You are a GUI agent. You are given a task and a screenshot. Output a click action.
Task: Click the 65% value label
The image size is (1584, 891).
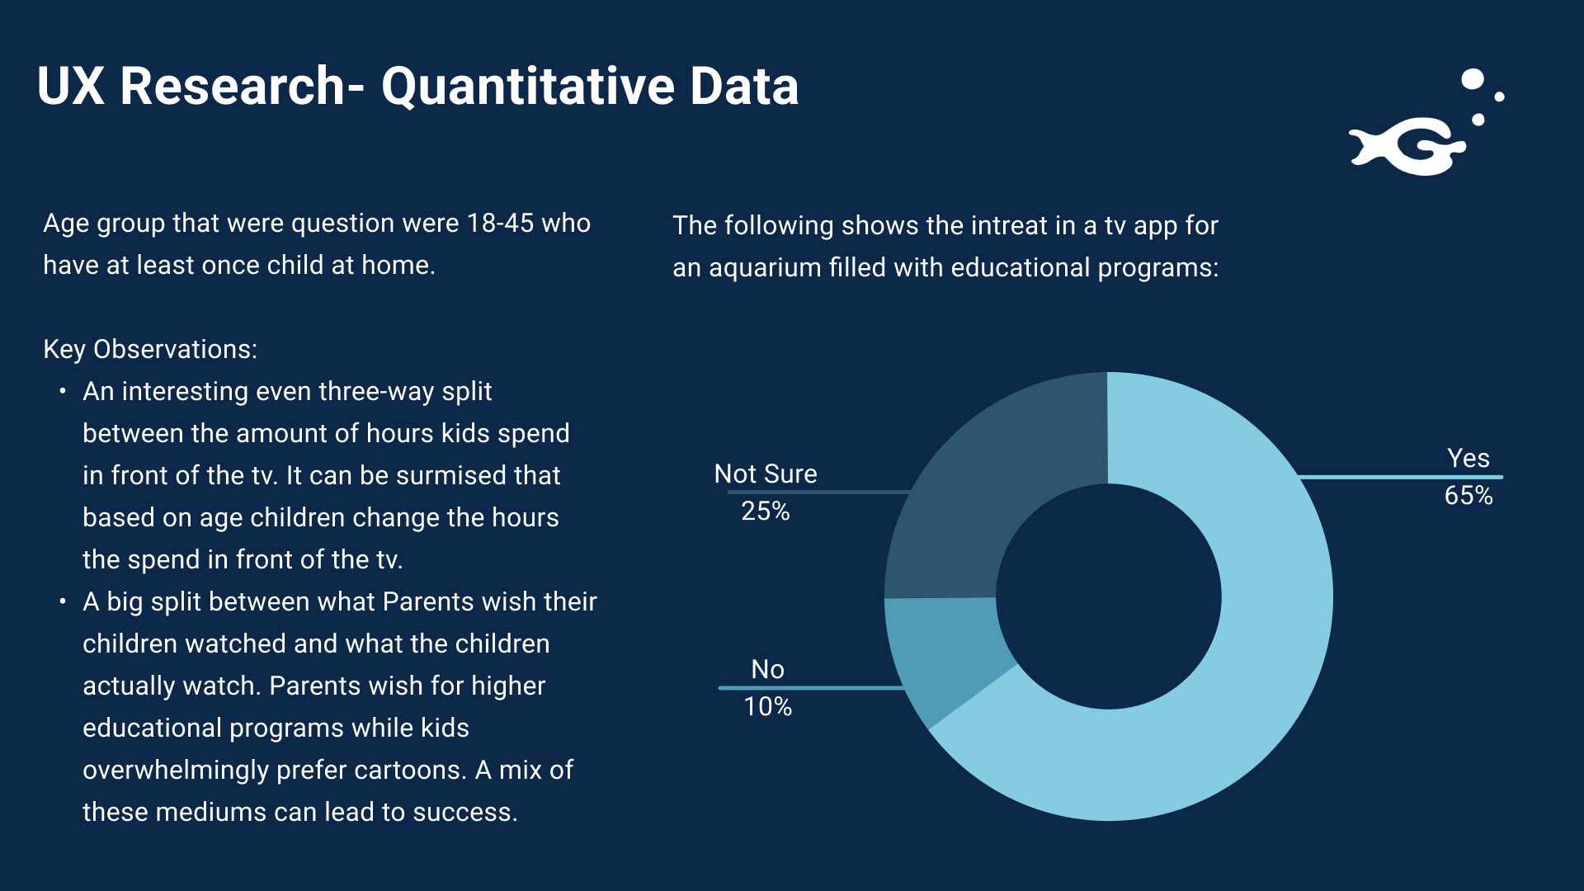(1468, 496)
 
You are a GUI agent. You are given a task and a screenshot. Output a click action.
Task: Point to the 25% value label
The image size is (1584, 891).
(766, 511)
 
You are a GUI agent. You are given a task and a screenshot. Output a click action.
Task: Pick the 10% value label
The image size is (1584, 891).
(767, 707)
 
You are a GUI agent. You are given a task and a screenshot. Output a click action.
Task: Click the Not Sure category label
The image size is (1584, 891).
(766, 474)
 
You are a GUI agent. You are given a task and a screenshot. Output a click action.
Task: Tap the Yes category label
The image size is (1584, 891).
(1468, 459)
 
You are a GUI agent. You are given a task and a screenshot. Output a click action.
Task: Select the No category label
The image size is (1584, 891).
(767, 669)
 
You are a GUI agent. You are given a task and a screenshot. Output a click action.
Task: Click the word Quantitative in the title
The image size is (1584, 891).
(529, 87)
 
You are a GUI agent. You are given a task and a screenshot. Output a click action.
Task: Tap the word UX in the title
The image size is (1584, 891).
(71, 87)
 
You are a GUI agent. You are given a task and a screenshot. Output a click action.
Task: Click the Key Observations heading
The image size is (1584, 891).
(150, 350)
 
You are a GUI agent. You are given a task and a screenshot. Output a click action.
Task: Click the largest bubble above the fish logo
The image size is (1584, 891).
(1473, 79)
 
